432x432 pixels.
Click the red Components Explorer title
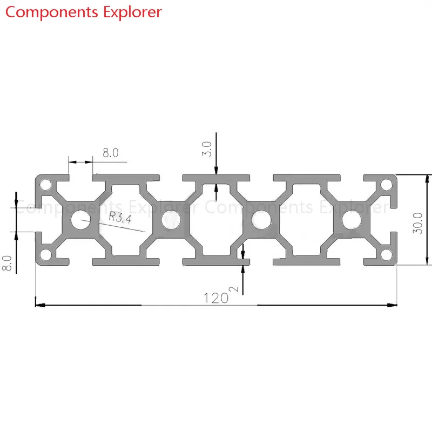point(84,12)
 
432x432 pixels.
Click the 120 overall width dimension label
point(216,298)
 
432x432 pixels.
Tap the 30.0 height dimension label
point(417,223)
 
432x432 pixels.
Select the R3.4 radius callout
point(120,217)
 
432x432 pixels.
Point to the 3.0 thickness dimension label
point(207,149)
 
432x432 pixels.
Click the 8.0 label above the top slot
point(111,153)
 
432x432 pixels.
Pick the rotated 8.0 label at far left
point(7,263)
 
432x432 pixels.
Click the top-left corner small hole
point(45,185)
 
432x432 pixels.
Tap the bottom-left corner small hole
point(45,254)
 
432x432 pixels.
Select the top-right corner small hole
point(387,185)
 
